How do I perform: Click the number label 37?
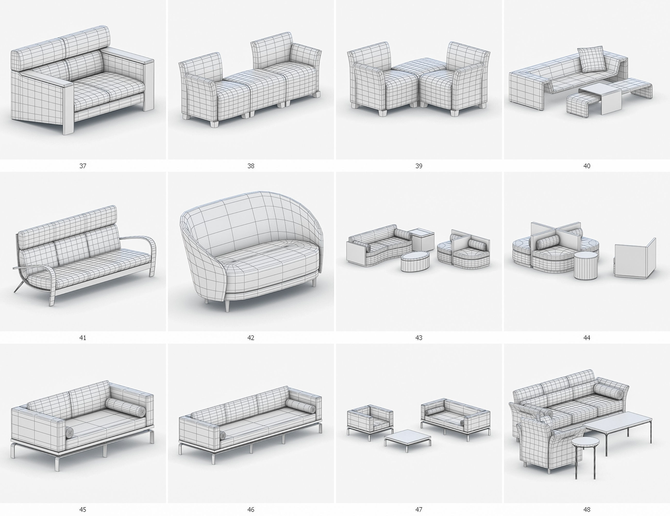(x=83, y=166)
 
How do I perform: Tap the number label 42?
(x=251, y=338)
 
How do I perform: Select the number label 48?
(x=587, y=510)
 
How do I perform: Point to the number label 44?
(x=587, y=338)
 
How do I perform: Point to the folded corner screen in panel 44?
(x=635, y=260)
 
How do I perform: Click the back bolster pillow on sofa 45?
(x=126, y=408)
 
